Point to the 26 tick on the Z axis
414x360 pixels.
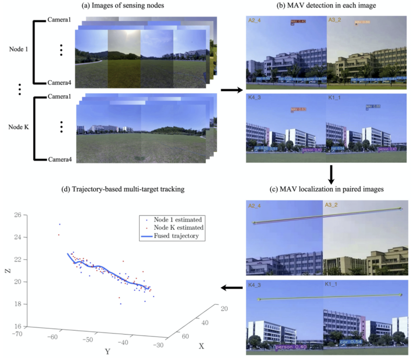click(18, 215)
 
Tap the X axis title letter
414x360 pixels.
click(202, 346)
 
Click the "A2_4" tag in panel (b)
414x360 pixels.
click(255, 21)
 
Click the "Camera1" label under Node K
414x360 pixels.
click(60, 96)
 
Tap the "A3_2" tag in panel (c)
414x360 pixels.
click(332, 204)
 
